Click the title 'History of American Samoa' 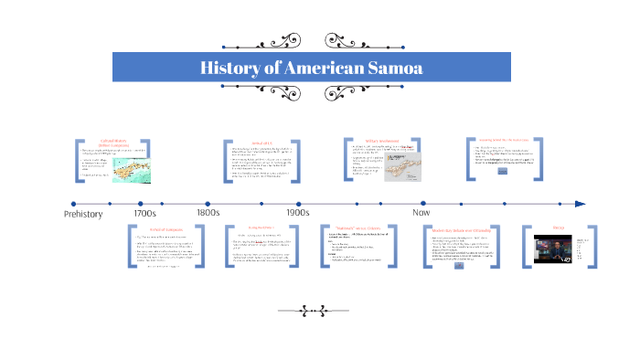coord(311,68)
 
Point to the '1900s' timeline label coord(298,213)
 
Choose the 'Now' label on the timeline coord(421,213)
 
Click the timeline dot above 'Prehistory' coord(74,204)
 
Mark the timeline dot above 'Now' coord(423,204)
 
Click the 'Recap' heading coord(560,227)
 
